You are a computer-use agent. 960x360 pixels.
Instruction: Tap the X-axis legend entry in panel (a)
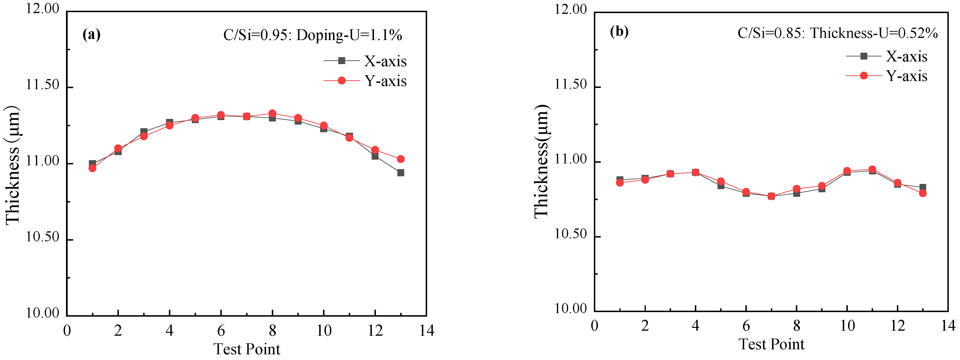385,61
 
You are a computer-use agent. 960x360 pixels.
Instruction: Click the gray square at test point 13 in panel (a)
401,173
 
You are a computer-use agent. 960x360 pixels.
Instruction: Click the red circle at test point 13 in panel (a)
401,159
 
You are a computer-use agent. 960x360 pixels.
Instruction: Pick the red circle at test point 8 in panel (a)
273,113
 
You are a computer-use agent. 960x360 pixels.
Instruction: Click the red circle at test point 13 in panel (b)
923,193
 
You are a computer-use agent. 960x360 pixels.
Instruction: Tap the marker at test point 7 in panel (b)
771,196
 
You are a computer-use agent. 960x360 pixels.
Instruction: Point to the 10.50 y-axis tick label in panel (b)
570,234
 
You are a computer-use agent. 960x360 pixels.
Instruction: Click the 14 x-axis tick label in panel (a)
427,330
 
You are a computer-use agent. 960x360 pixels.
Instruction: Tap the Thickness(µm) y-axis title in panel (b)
541,161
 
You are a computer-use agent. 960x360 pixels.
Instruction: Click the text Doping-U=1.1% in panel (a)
349,35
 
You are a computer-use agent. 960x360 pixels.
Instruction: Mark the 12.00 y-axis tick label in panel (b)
570,9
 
